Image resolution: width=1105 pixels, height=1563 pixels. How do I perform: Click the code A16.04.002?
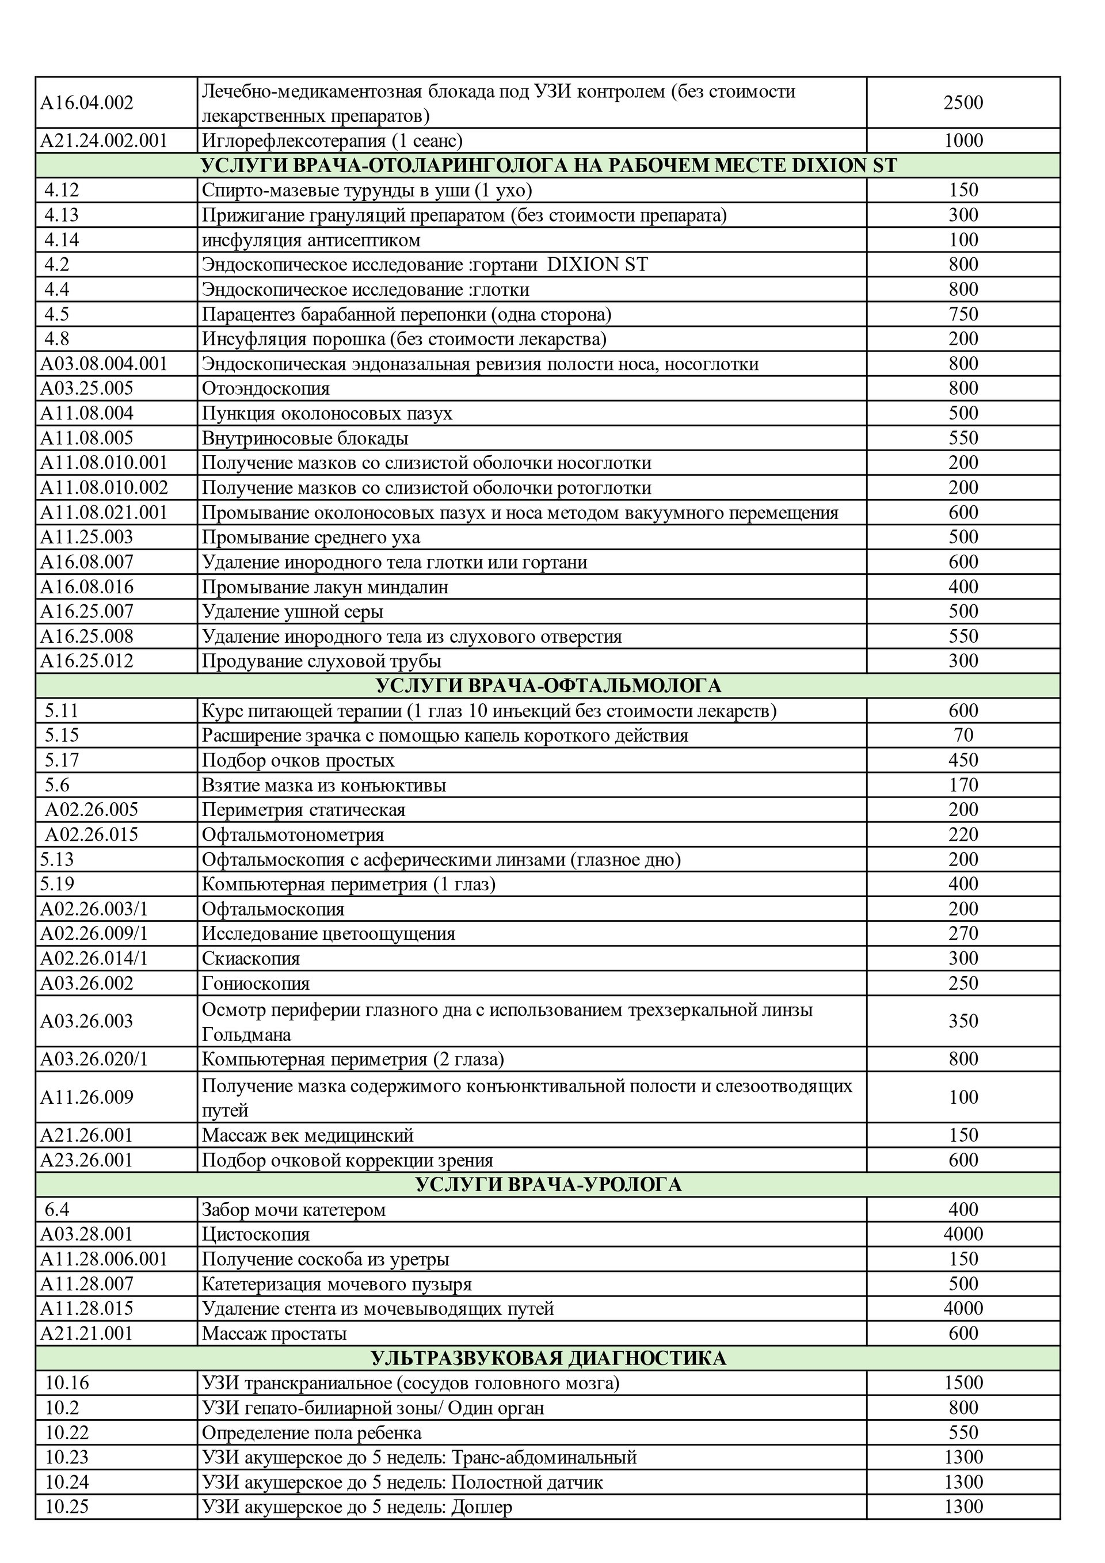[86, 103]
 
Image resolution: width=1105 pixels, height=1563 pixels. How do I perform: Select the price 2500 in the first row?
[963, 103]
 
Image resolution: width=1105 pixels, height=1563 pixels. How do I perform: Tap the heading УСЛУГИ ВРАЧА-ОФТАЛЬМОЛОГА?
[547, 685]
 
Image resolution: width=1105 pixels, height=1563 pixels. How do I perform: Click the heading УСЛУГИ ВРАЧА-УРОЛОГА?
[547, 1184]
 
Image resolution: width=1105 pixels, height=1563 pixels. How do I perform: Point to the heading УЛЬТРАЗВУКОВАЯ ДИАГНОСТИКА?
[547, 1358]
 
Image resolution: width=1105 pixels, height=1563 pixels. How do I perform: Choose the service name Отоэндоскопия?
[265, 388]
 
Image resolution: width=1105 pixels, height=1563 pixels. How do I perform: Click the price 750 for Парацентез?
[963, 315]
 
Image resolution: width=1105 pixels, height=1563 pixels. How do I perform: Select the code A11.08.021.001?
[104, 513]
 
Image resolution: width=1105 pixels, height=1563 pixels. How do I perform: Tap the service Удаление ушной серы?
[292, 612]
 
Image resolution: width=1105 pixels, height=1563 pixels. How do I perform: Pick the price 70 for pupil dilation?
[963, 735]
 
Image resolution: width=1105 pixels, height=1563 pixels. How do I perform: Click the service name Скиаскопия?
[250, 959]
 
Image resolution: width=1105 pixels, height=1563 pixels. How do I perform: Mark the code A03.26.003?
[86, 1021]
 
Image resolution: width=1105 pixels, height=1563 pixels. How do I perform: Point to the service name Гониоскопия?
[256, 983]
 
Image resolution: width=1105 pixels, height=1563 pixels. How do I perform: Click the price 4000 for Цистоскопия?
[963, 1234]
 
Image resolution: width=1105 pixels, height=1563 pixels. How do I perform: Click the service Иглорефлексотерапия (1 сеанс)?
[331, 141]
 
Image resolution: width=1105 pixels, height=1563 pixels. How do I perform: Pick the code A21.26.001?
[86, 1135]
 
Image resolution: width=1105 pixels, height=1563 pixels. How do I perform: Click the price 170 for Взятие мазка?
[963, 785]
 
